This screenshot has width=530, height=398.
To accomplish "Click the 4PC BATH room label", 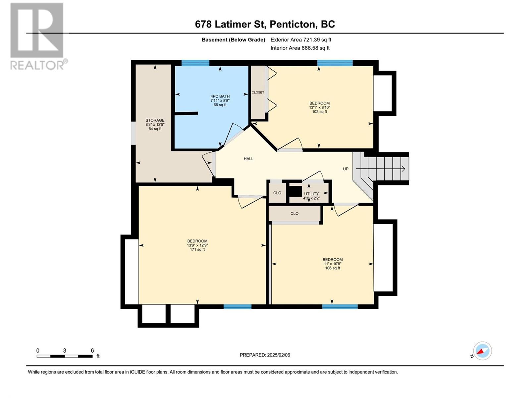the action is pos(220,96).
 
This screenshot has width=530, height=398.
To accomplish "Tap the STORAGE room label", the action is pos(155,120).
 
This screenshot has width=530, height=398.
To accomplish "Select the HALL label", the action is pos(248,159).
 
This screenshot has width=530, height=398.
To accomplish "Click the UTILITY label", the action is pos(311,194).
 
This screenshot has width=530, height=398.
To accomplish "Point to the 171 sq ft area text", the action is pos(197,249).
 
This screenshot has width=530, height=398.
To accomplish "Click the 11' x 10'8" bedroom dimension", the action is pos(333,264).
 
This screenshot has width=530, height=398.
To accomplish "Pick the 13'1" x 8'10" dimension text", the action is pos(319,107).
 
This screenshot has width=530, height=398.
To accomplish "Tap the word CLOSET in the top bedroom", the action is pos(258,92).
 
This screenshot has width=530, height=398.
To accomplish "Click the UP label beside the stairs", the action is pos(346,169).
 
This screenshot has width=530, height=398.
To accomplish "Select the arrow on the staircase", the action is pos(380,169).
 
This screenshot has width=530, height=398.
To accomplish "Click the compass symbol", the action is pos(482,351).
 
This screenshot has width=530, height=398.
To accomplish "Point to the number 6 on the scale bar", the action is pos(92,350).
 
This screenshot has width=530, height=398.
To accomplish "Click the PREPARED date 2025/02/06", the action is pos(278,355).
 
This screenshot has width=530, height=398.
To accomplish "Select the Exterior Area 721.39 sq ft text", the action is pos(301,39).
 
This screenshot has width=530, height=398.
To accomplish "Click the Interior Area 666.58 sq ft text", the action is pos(300,48).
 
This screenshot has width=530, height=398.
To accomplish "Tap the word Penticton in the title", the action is pos(292,24).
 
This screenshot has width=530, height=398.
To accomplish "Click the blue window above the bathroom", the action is pos(195,63).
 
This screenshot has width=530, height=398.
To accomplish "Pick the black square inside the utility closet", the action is pos(295,191).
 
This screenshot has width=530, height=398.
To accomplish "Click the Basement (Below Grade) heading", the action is pos(233,40).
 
